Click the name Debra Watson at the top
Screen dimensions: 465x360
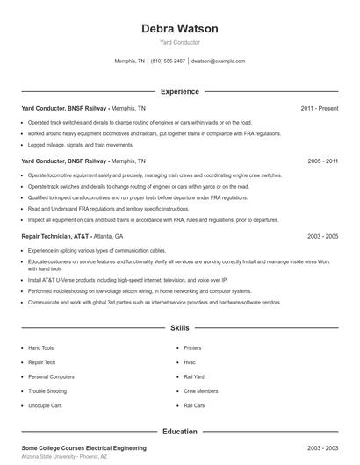coord(179,28)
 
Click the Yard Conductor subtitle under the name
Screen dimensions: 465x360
coord(179,42)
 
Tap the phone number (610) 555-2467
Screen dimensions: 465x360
coord(168,61)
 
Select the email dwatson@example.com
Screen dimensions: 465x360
coord(218,61)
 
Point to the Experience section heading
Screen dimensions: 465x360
coord(179,91)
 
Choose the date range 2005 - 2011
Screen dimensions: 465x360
coord(322,161)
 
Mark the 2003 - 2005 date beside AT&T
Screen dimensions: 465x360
coord(322,237)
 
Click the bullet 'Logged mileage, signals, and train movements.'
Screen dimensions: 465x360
coord(81,145)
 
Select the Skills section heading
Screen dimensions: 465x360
coord(179,328)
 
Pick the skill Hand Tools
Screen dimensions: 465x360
coord(41,347)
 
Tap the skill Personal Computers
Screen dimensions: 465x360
coord(52,376)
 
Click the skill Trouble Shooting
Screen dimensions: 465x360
coord(48,391)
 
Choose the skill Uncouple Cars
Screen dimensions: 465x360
coord(46,405)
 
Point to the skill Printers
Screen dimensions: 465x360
coord(192,347)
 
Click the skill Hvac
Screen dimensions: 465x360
coord(190,362)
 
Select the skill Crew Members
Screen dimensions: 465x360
coord(201,391)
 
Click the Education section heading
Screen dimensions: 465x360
coord(179,432)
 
